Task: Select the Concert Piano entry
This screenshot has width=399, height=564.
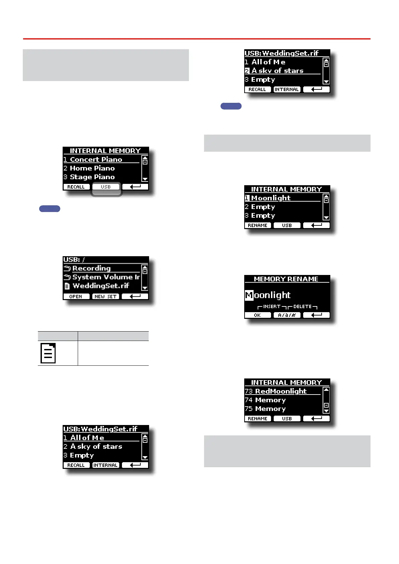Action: pyautogui.click(x=96, y=159)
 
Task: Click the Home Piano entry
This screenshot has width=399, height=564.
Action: pyautogui.click(x=92, y=168)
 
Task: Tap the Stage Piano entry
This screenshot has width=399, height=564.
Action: pyautogui.click(x=92, y=177)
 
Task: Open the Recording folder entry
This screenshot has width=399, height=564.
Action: pyautogui.click(x=91, y=268)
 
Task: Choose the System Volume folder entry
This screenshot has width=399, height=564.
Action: pyautogui.click(x=106, y=277)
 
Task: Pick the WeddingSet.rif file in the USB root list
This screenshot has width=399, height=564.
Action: pyautogui.click(x=101, y=286)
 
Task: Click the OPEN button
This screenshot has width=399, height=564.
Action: pyautogui.click(x=76, y=296)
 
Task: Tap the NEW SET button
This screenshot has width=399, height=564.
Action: pyautogui.click(x=106, y=296)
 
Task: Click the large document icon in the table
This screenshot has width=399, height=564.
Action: pyautogui.click(x=48, y=353)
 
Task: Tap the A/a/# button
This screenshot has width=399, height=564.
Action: pyautogui.click(x=287, y=315)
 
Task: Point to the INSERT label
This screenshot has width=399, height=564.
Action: pyautogui.click(x=272, y=306)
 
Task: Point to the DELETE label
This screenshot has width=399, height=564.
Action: pyautogui.click(x=303, y=306)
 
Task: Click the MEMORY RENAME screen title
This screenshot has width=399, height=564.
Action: pyautogui.click(x=286, y=279)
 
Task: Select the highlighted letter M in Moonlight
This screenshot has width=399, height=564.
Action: pyautogui.click(x=249, y=295)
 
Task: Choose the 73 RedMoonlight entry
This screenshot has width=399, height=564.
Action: pyautogui.click(x=281, y=391)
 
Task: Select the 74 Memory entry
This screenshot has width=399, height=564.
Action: pyautogui.click(x=270, y=400)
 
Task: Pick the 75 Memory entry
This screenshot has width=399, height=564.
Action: pyautogui.click(x=270, y=409)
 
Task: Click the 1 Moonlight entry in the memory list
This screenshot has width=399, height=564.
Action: pyautogui.click(x=271, y=198)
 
